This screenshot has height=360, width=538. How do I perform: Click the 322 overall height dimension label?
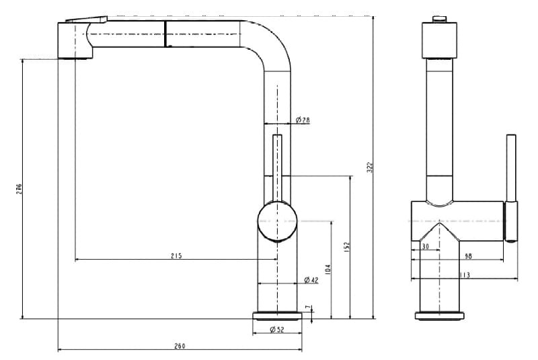[369, 168]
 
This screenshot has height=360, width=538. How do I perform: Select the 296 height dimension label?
[20, 190]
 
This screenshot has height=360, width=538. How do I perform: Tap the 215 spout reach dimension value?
[176, 256]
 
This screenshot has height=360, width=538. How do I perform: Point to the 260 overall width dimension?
[180, 346]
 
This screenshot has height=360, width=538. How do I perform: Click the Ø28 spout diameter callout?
[303, 120]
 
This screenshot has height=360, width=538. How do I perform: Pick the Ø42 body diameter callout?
[311, 280]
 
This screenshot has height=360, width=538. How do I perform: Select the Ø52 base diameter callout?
[276, 329]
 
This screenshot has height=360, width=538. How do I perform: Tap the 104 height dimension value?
[328, 269]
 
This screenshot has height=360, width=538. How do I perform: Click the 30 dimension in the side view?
[424, 247]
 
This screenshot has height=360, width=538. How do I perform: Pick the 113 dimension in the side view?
[465, 275]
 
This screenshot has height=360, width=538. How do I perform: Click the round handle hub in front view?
[276, 221]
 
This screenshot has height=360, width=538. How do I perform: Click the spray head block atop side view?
[439, 40]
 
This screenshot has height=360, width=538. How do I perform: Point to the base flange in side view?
[439, 316]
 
